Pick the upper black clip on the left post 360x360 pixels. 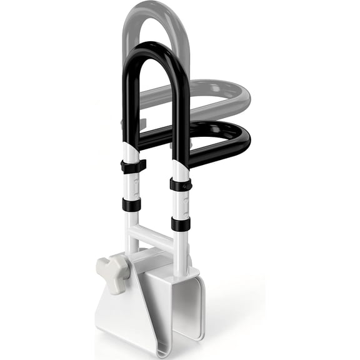point(132,166)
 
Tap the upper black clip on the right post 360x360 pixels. point(181,184)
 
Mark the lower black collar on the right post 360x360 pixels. point(179,224)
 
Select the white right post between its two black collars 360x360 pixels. point(180,204)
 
